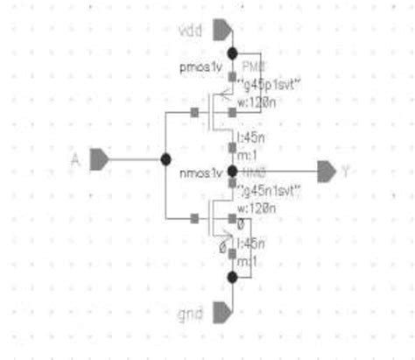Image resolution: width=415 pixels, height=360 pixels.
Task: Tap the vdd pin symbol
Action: click(222, 31)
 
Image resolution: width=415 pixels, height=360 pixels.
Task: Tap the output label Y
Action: click(345, 171)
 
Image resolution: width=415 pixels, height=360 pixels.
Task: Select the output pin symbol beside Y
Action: click(326, 171)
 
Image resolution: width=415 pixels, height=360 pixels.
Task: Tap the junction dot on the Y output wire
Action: click(232, 170)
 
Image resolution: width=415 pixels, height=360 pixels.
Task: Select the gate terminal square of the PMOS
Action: click(194, 111)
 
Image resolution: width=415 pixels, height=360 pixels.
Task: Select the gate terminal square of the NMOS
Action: click(194, 216)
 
